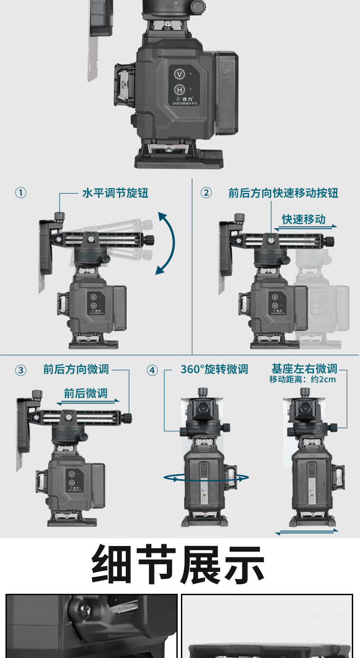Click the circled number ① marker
point(21,193)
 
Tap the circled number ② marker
point(206,193)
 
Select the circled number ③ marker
point(21,370)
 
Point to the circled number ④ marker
point(152,370)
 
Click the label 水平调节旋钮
point(115,193)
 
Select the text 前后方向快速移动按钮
point(283,193)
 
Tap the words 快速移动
point(303,219)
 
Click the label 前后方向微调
point(76,369)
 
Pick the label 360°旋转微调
point(214,369)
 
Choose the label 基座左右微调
point(304,368)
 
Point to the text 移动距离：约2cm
point(303,379)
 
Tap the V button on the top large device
point(180,74)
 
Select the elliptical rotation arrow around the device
point(206,477)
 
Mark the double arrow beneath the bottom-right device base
point(307,531)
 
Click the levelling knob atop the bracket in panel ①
point(59,215)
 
